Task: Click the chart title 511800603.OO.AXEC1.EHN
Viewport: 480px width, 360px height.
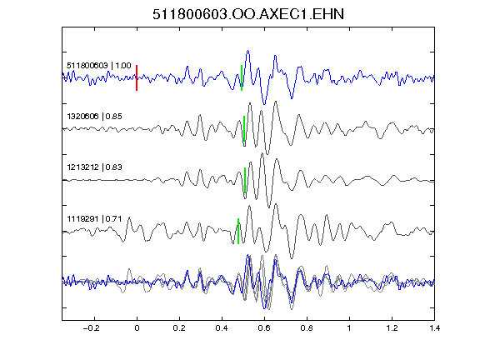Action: tap(248, 14)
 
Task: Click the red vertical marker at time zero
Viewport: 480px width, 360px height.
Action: tap(137, 77)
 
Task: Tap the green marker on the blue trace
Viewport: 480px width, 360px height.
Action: tap(242, 77)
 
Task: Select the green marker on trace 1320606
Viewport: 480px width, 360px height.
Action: tap(244, 128)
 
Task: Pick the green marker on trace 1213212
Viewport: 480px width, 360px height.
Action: tap(245, 180)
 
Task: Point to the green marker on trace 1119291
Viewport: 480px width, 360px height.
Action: tap(238, 231)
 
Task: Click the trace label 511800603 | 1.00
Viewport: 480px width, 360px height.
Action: tap(99, 66)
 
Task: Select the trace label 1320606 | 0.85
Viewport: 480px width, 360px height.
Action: tap(94, 117)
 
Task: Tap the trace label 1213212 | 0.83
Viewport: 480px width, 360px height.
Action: tap(94, 167)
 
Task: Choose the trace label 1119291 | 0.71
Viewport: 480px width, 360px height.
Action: tap(94, 219)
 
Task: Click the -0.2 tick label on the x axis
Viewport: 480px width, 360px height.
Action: tap(92, 328)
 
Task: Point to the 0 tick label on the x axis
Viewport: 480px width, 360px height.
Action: tap(137, 328)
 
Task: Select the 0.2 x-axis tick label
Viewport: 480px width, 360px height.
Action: tap(179, 328)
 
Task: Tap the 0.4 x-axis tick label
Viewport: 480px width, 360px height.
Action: tap(222, 328)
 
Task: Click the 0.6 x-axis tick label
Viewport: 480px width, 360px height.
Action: tap(264, 328)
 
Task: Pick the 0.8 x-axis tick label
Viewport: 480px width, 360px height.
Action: tap(307, 328)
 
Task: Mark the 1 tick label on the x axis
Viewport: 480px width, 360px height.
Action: tap(349, 328)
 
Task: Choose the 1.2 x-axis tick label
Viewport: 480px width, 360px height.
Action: tap(392, 328)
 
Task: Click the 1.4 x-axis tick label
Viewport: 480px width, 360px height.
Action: tap(434, 328)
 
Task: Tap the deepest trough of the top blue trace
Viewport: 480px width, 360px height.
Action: tap(264, 104)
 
